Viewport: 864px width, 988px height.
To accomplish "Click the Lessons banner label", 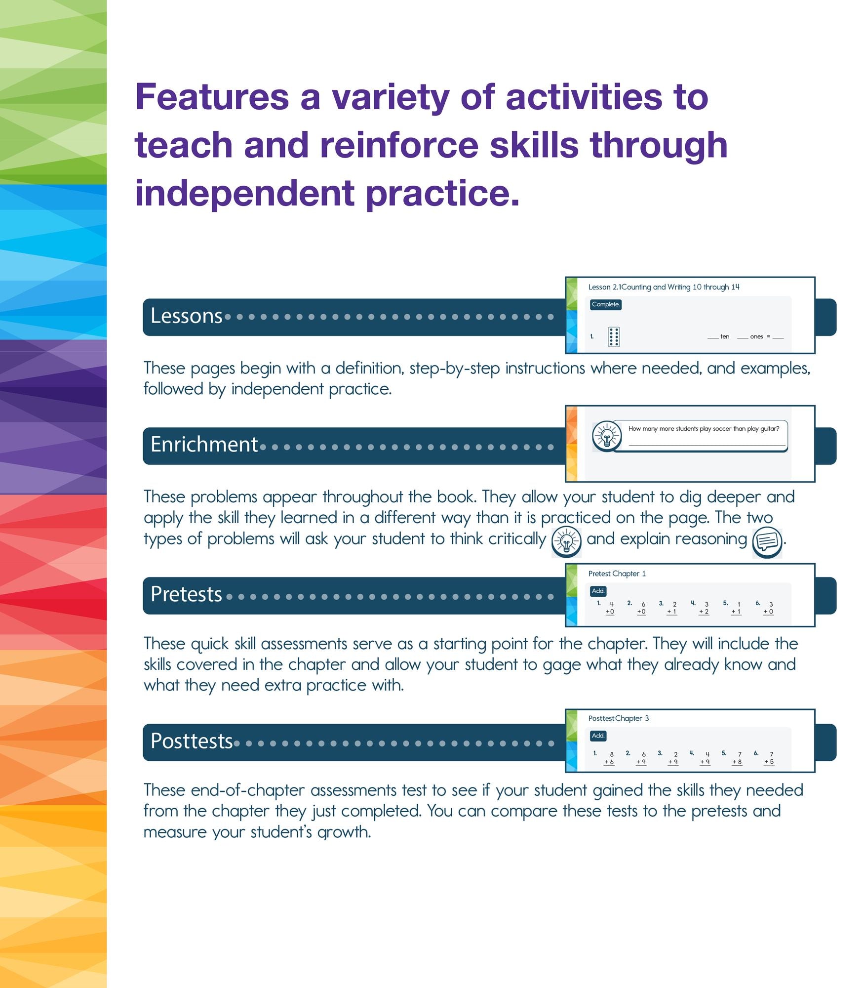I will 186,316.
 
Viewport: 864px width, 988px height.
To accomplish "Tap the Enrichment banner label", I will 204,445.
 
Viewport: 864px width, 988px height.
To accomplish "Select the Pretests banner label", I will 186,594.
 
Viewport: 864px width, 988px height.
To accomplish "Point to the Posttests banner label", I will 192,741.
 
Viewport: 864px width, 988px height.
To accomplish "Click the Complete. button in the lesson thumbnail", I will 605,304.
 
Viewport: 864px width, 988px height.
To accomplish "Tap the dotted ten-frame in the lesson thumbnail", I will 614,337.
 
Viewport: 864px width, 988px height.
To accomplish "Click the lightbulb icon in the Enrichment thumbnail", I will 607,436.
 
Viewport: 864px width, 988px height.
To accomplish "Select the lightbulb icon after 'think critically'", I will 566,542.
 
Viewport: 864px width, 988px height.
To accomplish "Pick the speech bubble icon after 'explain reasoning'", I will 767,542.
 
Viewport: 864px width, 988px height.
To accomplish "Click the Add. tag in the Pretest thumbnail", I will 598,591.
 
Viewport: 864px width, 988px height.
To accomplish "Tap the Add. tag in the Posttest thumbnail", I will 598,736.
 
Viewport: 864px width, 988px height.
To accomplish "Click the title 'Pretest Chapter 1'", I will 617,574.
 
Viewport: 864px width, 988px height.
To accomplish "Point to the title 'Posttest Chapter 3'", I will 618,718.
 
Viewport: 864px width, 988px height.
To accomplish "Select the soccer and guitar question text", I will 704,429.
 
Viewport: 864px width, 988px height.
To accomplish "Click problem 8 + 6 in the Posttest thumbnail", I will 610,758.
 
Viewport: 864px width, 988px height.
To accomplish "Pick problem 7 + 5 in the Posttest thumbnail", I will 769,758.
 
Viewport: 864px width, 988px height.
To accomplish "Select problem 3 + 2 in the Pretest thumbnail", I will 705,608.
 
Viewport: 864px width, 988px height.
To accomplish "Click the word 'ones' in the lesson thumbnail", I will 756,337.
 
